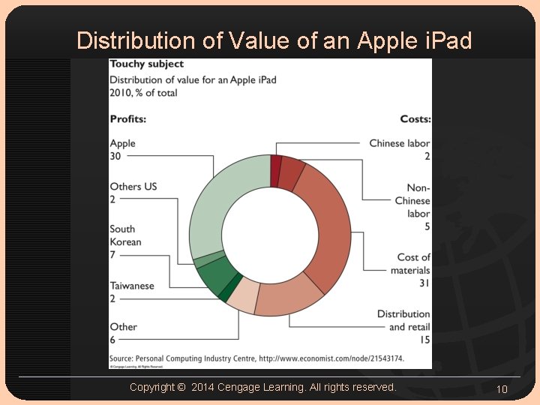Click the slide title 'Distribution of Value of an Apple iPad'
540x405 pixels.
274,40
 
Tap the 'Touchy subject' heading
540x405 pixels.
146,64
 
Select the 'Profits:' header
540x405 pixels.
127,119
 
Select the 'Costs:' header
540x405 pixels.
415,119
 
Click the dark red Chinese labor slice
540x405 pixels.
276,160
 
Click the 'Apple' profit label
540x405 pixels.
123,143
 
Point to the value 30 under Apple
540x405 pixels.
115,156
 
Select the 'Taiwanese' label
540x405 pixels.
132,286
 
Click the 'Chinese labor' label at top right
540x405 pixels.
400,143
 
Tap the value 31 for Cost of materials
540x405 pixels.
424,283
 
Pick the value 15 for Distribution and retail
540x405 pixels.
424,340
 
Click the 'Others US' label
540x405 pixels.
133,187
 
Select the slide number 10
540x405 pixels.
502,388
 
